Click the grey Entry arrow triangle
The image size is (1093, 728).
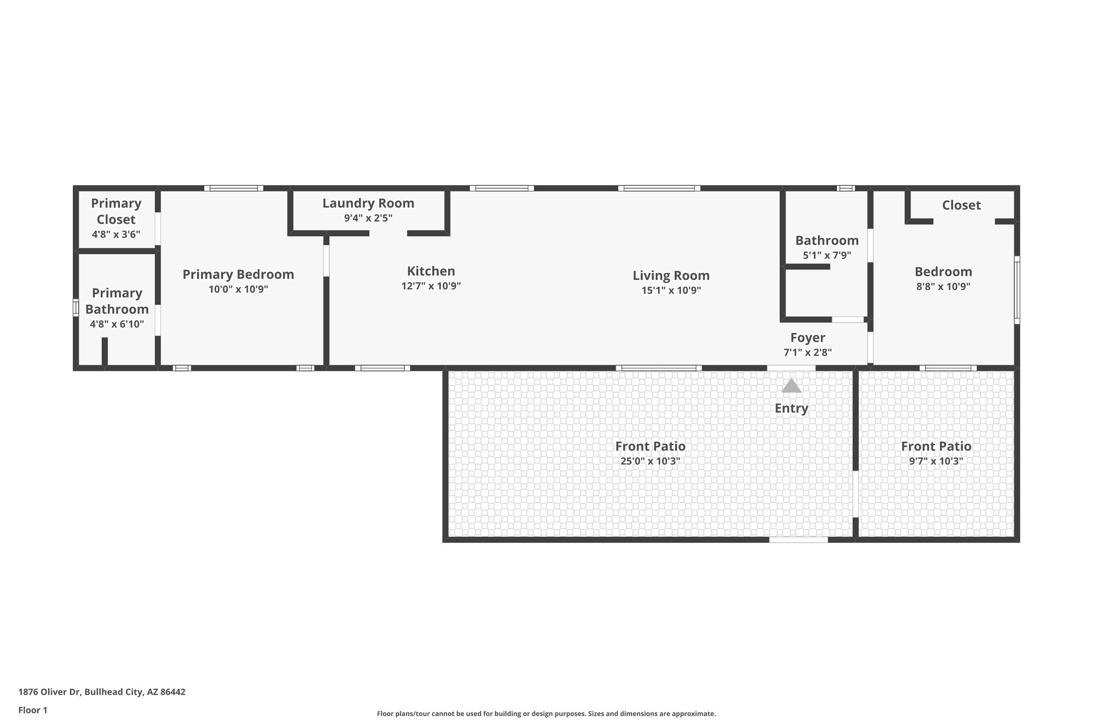coord(791,386)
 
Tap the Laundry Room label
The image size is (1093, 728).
coord(368,203)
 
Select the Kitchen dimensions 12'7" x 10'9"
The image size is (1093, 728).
coord(431,286)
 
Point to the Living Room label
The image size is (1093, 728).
coord(671,275)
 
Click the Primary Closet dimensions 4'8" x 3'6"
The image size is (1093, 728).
coord(116,234)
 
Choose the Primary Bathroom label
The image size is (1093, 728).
coord(117,301)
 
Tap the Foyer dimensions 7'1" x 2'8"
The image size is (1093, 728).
coord(807,353)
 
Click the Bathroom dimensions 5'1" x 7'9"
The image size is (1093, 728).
coord(827,255)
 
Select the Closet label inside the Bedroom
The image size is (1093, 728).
coord(961,205)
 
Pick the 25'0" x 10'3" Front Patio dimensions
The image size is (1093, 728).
coord(650,461)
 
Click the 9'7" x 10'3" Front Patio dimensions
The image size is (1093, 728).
coord(936,461)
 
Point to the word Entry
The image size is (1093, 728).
coord(791,409)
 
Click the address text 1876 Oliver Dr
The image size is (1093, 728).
coord(102,692)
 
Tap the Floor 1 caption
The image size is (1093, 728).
coord(33,710)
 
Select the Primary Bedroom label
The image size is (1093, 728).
coord(238,274)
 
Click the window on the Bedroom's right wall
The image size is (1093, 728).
coord(1017,290)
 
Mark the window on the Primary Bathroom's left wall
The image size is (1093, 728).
coord(76,308)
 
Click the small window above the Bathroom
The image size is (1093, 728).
coord(845,188)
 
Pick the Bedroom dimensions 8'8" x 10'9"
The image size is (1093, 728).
coord(943,286)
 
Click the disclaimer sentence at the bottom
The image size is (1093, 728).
coord(546,714)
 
